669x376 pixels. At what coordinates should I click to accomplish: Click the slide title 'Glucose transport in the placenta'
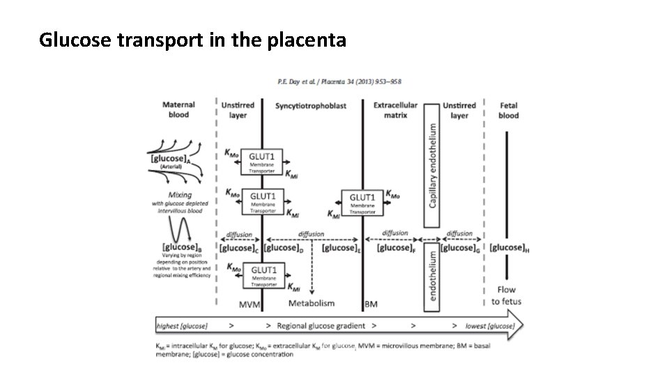(192, 41)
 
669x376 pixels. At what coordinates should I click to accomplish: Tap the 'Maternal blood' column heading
(178, 110)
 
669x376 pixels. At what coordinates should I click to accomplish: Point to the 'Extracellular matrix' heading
(395, 110)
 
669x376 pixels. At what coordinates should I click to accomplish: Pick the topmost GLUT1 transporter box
(262, 161)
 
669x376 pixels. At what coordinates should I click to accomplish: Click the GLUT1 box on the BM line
(362, 202)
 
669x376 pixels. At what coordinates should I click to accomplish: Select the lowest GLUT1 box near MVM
(262, 274)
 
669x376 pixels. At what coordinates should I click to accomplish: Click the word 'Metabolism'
(312, 303)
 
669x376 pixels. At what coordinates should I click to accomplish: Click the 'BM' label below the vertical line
(370, 304)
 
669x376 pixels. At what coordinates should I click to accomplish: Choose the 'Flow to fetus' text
(506, 295)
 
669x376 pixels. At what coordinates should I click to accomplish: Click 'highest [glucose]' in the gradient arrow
(183, 326)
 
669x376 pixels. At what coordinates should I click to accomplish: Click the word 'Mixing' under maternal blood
(180, 195)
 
